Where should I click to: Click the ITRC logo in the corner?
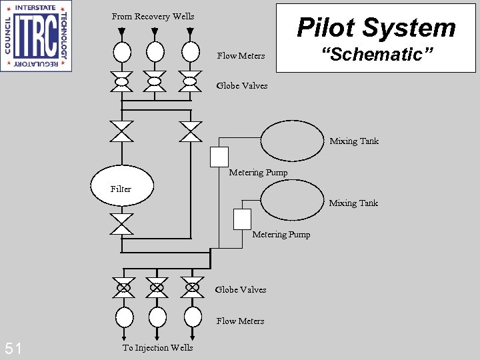click(36, 35)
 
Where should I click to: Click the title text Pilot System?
click(376, 27)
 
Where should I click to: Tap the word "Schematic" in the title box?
click(377, 55)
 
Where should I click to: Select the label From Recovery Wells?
click(153, 16)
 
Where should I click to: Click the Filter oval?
click(122, 185)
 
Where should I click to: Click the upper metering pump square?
click(219, 157)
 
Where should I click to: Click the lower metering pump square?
click(242, 219)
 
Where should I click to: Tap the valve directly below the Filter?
click(122, 224)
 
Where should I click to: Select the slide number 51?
click(13, 348)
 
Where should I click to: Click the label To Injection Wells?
click(157, 347)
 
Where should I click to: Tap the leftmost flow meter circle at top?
click(121, 51)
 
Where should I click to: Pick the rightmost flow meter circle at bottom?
click(193, 315)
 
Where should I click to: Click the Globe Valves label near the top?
click(242, 85)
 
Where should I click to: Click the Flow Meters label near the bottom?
click(240, 321)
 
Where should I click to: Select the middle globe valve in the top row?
click(155, 81)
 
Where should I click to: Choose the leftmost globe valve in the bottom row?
click(123, 287)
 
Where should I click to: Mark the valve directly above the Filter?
click(122, 131)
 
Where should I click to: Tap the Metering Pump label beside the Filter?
click(258, 173)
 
